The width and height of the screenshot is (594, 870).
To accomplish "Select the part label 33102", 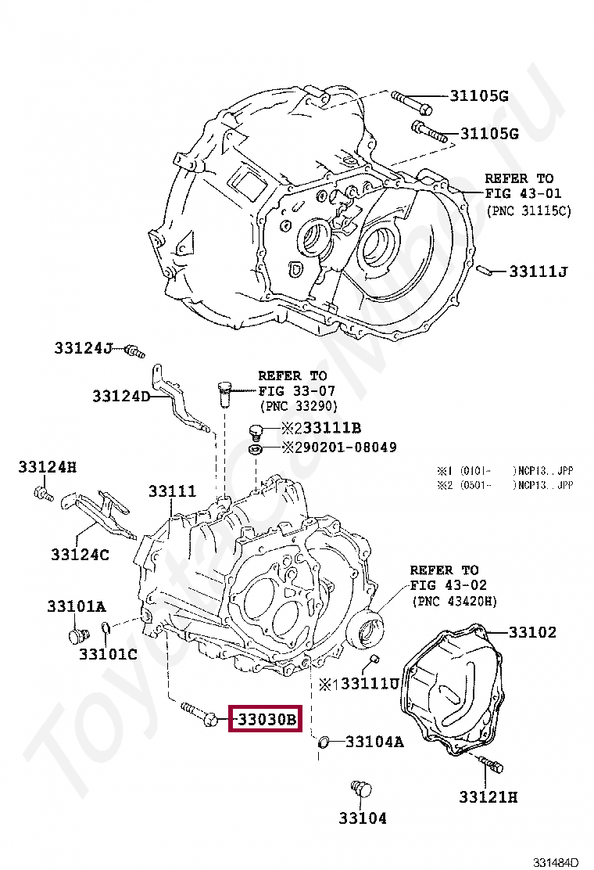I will (532, 631).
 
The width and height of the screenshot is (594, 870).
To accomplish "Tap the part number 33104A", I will (374, 741).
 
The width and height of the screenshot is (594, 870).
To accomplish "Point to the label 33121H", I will (488, 797).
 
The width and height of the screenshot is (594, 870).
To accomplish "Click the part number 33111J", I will (538, 271).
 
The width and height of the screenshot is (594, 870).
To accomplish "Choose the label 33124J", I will (84, 347).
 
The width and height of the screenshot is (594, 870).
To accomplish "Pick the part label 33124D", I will (120, 396).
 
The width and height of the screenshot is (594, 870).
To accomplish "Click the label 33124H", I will (48, 468).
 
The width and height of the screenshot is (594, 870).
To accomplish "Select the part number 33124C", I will (80, 555).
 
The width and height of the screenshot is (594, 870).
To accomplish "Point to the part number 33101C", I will (108, 652).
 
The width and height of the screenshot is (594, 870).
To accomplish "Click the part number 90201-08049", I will (349, 448).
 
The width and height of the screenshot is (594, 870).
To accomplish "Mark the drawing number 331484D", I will (556, 862).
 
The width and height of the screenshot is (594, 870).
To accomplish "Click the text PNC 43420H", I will (454, 601).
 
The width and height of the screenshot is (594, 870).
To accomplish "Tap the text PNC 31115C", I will (528, 211).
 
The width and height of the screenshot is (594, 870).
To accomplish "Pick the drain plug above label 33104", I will (360, 788).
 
